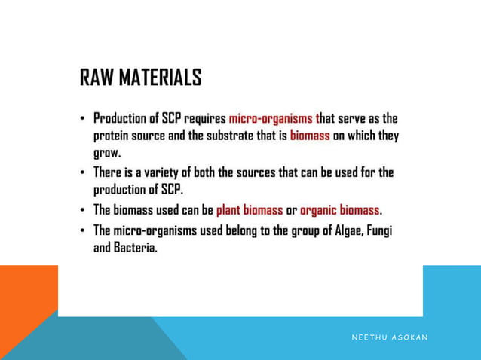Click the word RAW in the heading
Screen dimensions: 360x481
pyautogui.click(x=98, y=78)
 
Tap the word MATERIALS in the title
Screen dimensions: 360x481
pyautogui.click(x=161, y=78)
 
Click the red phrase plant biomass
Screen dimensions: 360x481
pyautogui.click(x=250, y=209)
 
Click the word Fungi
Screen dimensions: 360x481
pyautogui.click(x=380, y=230)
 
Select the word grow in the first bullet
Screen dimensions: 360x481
pyautogui.click(x=106, y=153)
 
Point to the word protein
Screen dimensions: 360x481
pyautogui.click(x=112, y=136)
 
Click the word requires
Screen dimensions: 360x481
pyautogui.click(x=207, y=119)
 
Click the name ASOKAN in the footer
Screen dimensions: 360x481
pyautogui.click(x=409, y=337)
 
